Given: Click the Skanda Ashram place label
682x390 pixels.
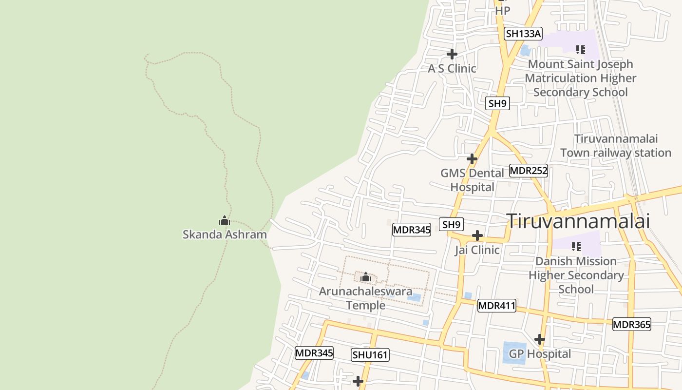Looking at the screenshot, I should coord(225,234).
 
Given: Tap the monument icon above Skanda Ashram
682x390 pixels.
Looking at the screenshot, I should coord(225,221).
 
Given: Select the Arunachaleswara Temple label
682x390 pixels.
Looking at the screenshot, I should coord(365,298).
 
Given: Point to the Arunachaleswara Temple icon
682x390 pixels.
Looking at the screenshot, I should coord(366,278).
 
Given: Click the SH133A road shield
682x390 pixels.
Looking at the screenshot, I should coord(523,34).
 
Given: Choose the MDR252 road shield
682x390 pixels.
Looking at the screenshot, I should coord(529,171).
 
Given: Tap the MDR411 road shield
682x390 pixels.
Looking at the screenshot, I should coord(496,306).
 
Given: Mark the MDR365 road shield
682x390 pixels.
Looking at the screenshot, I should coord(631,324).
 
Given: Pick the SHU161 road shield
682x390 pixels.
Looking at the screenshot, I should coord(370,355).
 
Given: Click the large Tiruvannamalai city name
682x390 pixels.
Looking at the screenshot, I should coord(579,221).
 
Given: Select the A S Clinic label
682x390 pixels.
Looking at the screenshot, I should coord(452,68).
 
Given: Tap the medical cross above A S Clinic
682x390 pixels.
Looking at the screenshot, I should coord(452,54).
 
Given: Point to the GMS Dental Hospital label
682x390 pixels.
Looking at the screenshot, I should coord(472,180).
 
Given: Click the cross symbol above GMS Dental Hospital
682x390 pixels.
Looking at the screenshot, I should coord(472,159).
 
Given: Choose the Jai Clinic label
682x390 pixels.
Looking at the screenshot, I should coord(477,250).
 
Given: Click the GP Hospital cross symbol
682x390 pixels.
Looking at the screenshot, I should coord(539,339).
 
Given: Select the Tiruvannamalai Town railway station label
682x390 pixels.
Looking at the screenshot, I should coord(616,146).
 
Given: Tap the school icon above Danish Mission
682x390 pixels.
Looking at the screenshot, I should coord(576,247).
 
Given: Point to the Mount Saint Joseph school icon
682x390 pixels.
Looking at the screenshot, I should coord(580,50).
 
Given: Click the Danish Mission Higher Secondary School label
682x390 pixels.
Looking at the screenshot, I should coord(576,275).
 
